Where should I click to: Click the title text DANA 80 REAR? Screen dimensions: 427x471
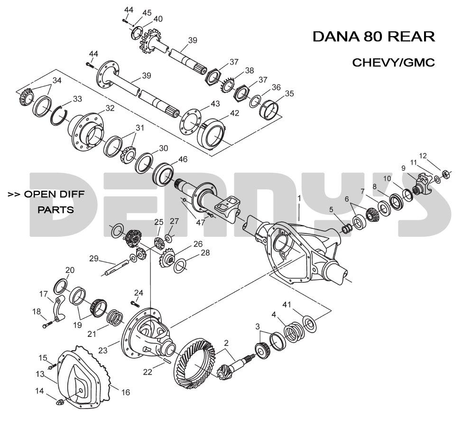[373, 37]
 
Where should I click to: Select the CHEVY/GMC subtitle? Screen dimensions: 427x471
[393, 63]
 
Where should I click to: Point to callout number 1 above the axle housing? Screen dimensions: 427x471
[299, 197]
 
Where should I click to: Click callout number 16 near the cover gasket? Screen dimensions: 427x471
[125, 392]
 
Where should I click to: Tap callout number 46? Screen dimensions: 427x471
[183, 159]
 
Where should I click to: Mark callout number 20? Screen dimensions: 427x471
[70, 270]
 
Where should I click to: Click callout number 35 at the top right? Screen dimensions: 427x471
[289, 93]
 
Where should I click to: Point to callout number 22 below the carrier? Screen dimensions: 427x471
[148, 372]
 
